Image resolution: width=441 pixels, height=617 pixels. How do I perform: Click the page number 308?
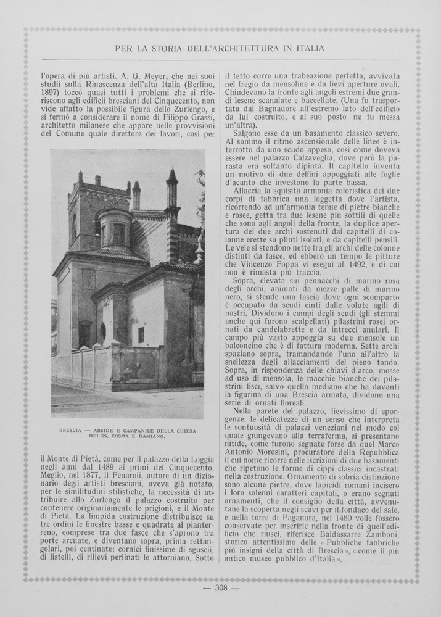tap(221, 587)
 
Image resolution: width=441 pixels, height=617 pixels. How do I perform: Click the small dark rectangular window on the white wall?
tap(141, 334)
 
